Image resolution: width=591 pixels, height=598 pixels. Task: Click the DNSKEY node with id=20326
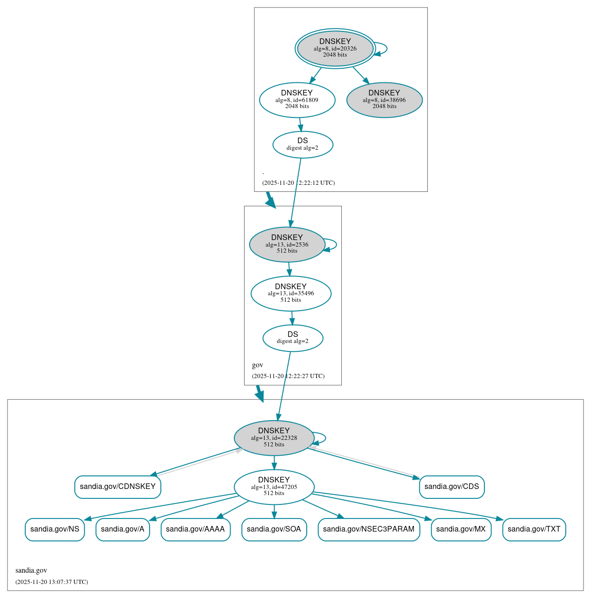point(335,48)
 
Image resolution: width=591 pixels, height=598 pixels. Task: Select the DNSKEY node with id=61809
point(297,100)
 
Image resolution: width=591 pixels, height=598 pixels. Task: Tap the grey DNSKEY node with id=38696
point(384,100)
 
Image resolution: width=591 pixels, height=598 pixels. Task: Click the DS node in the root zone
point(303,145)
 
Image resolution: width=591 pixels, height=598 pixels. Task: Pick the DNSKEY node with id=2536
point(287,244)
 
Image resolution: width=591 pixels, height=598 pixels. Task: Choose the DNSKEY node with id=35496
point(291,293)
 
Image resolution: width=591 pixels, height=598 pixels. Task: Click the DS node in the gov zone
point(293,338)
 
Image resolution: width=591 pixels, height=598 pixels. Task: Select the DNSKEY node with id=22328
point(274,438)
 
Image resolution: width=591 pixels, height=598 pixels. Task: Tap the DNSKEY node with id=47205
point(274,487)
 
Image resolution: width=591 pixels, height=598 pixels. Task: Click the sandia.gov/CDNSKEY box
point(118,487)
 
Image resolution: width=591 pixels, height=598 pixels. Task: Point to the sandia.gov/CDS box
point(452,487)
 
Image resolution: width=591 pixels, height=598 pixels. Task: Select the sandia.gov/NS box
point(55,529)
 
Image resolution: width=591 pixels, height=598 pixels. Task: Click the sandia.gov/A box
point(123,529)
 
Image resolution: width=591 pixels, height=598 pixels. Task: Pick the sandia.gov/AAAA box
point(195,529)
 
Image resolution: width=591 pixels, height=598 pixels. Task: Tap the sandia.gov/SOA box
point(274,529)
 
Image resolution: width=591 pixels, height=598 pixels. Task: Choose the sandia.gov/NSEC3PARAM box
point(369,529)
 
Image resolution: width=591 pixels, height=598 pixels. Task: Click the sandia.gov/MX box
point(461,529)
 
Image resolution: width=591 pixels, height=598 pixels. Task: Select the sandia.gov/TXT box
point(534,529)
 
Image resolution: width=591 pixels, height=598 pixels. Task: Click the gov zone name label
point(258,365)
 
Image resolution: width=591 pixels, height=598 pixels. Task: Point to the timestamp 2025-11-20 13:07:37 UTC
point(51,582)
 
